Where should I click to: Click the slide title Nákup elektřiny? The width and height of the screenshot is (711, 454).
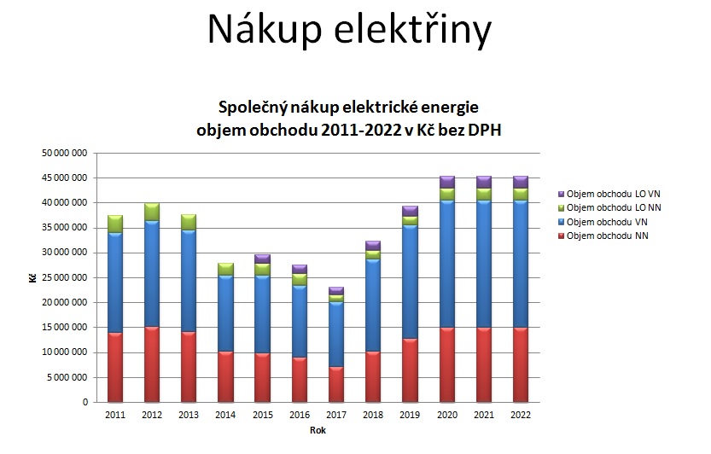pos(349,31)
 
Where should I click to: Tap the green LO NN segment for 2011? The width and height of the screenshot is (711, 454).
pos(114,224)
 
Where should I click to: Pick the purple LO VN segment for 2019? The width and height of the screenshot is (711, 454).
pos(410,211)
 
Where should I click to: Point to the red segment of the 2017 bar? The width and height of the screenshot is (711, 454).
pos(335,384)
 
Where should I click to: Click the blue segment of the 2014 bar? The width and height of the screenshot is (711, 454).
pos(225,313)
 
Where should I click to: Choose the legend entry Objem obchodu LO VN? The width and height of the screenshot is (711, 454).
pos(605,195)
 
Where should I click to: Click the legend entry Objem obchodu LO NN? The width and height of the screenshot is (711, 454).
pos(605,209)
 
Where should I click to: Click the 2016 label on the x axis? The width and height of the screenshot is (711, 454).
pos(299,415)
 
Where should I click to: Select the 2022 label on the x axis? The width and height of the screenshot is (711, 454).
pos(520,415)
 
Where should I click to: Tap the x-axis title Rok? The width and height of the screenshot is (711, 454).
pos(317,430)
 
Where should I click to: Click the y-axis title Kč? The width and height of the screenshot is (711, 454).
pos(32,278)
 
